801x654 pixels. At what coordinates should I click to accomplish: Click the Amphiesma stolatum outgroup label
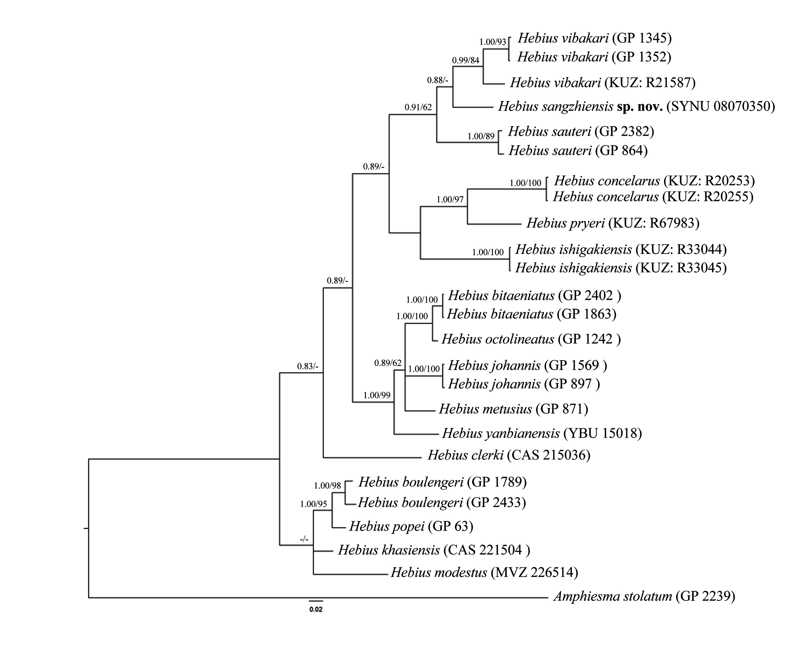(x=644, y=597)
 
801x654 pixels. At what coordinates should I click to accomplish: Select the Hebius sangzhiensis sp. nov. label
(x=637, y=106)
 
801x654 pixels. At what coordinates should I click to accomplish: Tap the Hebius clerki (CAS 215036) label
(x=509, y=455)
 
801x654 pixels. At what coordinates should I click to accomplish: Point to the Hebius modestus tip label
(x=485, y=573)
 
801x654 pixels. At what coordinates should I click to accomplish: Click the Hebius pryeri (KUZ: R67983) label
(x=613, y=223)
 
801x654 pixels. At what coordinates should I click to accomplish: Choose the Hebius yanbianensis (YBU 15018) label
(x=542, y=433)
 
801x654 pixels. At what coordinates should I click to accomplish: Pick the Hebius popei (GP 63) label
(x=411, y=526)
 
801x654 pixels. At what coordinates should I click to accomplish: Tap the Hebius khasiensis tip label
(x=434, y=550)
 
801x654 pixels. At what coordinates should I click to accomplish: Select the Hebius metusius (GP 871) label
(x=514, y=409)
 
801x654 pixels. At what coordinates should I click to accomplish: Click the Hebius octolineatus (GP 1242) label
(x=531, y=339)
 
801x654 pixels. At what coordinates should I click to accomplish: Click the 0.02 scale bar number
(x=316, y=610)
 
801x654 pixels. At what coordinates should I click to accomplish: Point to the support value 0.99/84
(x=465, y=60)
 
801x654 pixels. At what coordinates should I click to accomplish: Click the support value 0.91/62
(x=418, y=107)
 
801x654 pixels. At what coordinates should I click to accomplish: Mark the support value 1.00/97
(x=450, y=199)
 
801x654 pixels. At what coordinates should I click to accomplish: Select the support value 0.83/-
(x=308, y=366)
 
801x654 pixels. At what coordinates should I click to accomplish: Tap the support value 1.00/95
(x=314, y=504)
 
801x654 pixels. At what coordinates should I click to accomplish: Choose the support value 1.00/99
(x=377, y=396)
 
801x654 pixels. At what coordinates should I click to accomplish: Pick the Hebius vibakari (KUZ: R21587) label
(x=603, y=83)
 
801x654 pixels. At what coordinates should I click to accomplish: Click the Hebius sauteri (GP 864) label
(x=578, y=151)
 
